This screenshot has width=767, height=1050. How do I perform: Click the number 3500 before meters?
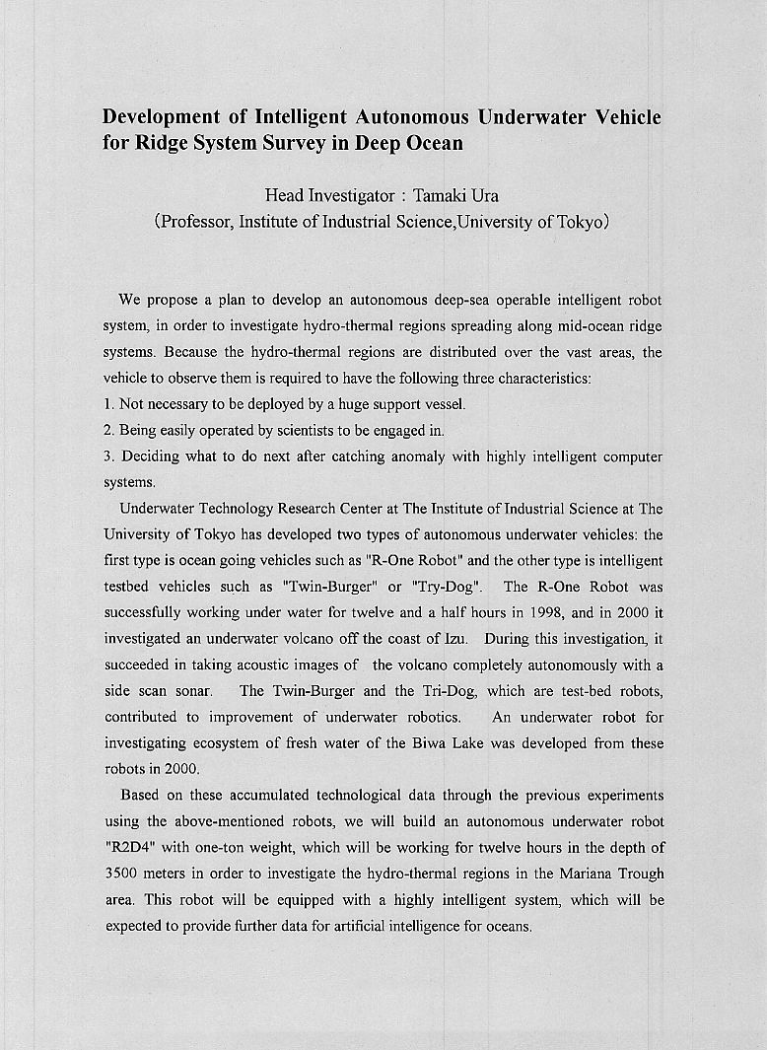click(x=125, y=874)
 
